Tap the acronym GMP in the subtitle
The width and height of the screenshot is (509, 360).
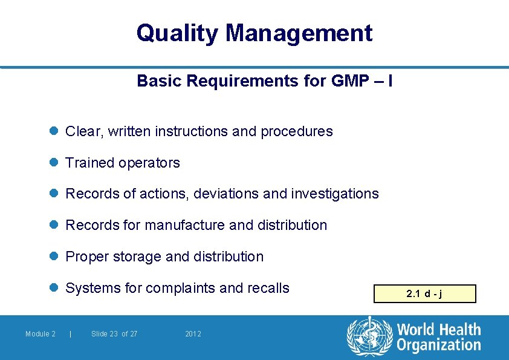[351, 80]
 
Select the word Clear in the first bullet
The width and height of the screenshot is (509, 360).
[83, 131]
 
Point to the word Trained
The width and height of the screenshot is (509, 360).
[88, 163]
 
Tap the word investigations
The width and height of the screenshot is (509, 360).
[335, 194]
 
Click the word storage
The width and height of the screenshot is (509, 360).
[135, 257]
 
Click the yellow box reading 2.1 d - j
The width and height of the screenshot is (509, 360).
[425, 294]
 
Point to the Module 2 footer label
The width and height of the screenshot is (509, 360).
[41, 334]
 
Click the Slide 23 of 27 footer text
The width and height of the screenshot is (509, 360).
[114, 334]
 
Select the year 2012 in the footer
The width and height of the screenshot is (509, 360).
[193, 334]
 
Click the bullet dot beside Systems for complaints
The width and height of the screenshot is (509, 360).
[53, 288]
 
